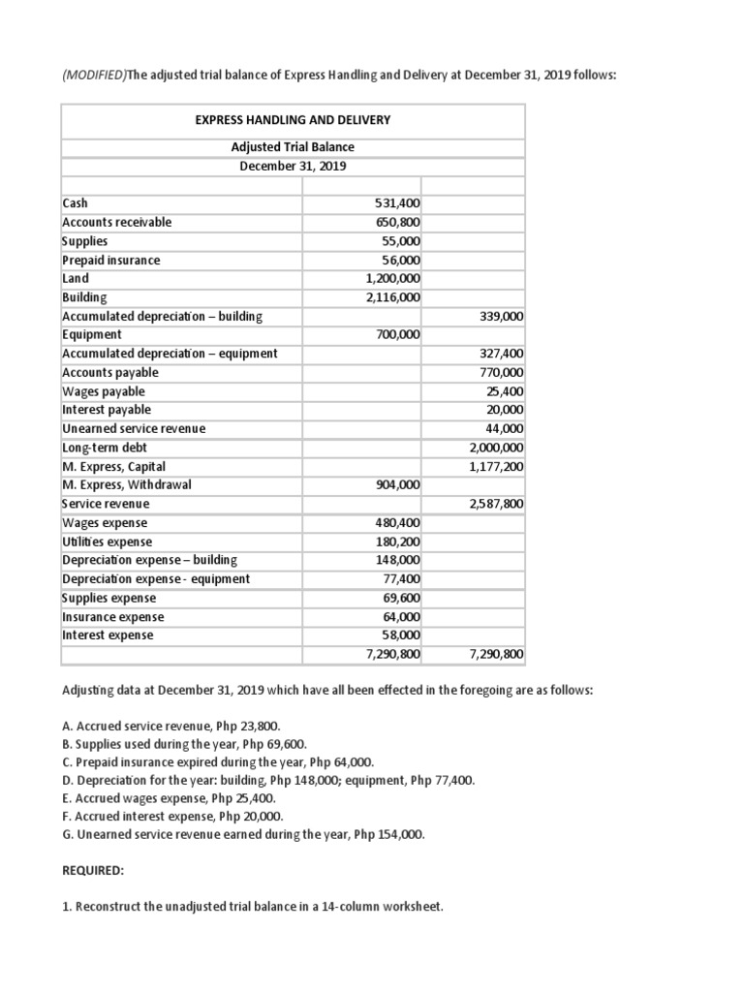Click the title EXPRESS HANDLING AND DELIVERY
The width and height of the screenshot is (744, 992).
click(293, 120)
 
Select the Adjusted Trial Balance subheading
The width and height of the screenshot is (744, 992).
click(293, 147)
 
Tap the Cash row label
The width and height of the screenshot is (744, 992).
click(75, 203)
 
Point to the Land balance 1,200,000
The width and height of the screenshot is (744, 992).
click(391, 278)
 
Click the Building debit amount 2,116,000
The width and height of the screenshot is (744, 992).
click(391, 297)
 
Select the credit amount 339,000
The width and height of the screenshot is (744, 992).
click(501, 316)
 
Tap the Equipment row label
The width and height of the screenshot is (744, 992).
click(92, 334)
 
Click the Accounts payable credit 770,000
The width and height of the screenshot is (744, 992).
click(501, 372)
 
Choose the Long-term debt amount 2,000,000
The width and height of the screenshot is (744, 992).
click(496, 448)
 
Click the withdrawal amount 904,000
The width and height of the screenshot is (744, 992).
click(396, 484)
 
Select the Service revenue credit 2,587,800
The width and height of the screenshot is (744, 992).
click(496, 504)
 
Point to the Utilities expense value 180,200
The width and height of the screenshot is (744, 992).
click(396, 542)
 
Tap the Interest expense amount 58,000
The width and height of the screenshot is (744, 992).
click(399, 635)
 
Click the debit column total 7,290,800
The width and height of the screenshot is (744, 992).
click(391, 655)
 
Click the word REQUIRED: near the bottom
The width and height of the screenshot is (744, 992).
click(93, 871)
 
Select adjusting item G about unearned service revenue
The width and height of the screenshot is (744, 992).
click(243, 834)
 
